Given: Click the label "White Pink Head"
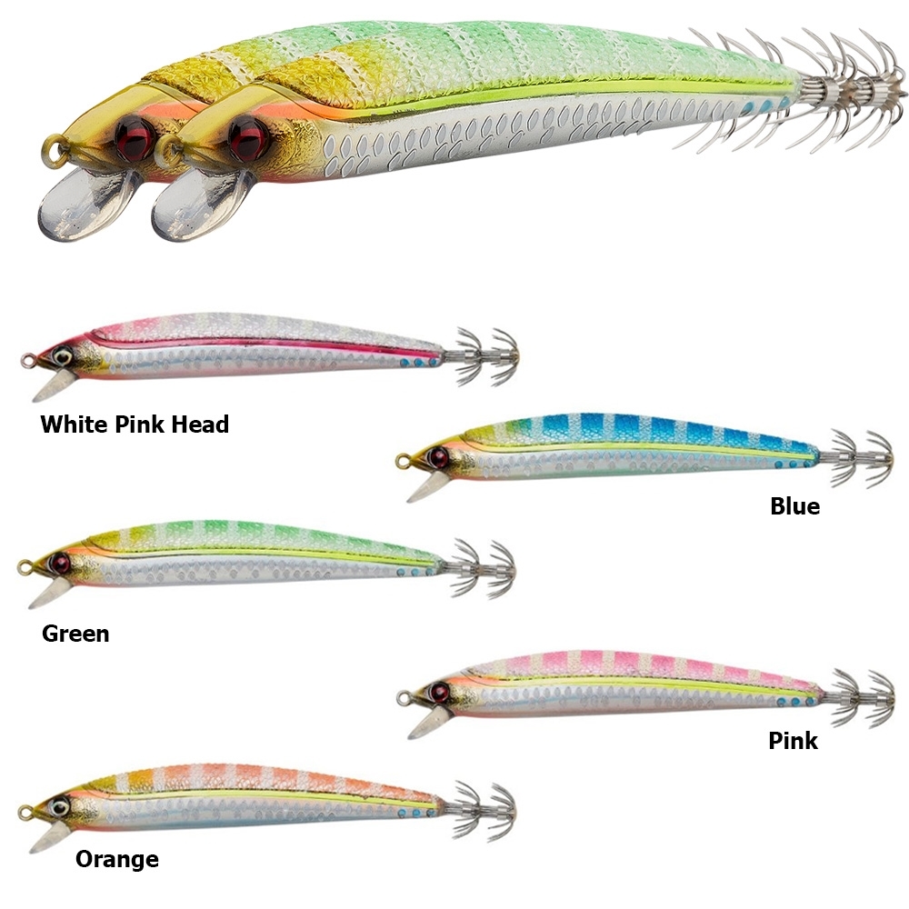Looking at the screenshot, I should pyautogui.click(x=135, y=424).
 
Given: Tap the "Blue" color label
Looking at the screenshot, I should pyautogui.click(x=794, y=506).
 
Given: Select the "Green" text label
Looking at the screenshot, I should pyautogui.click(x=75, y=634).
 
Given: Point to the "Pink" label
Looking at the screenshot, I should pyautogui.click(x=793, y=741).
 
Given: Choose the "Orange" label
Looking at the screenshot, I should pyautogui.click(x=116, y=859).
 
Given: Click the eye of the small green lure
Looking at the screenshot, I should pyautogui.click(x=61, y=561).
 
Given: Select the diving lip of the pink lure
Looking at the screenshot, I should pyautogui.click(x=423, y=724).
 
